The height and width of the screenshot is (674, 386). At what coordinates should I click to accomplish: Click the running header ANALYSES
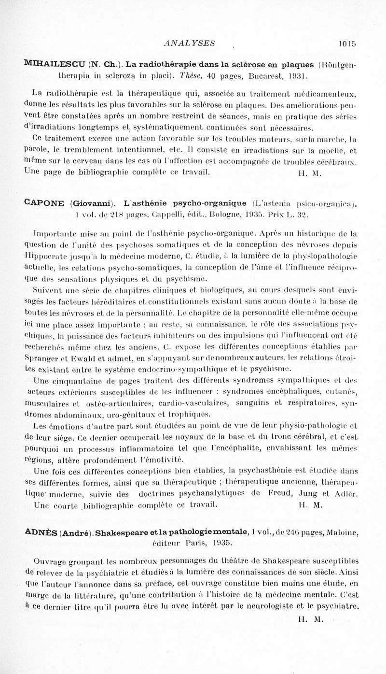click(189, 43)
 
